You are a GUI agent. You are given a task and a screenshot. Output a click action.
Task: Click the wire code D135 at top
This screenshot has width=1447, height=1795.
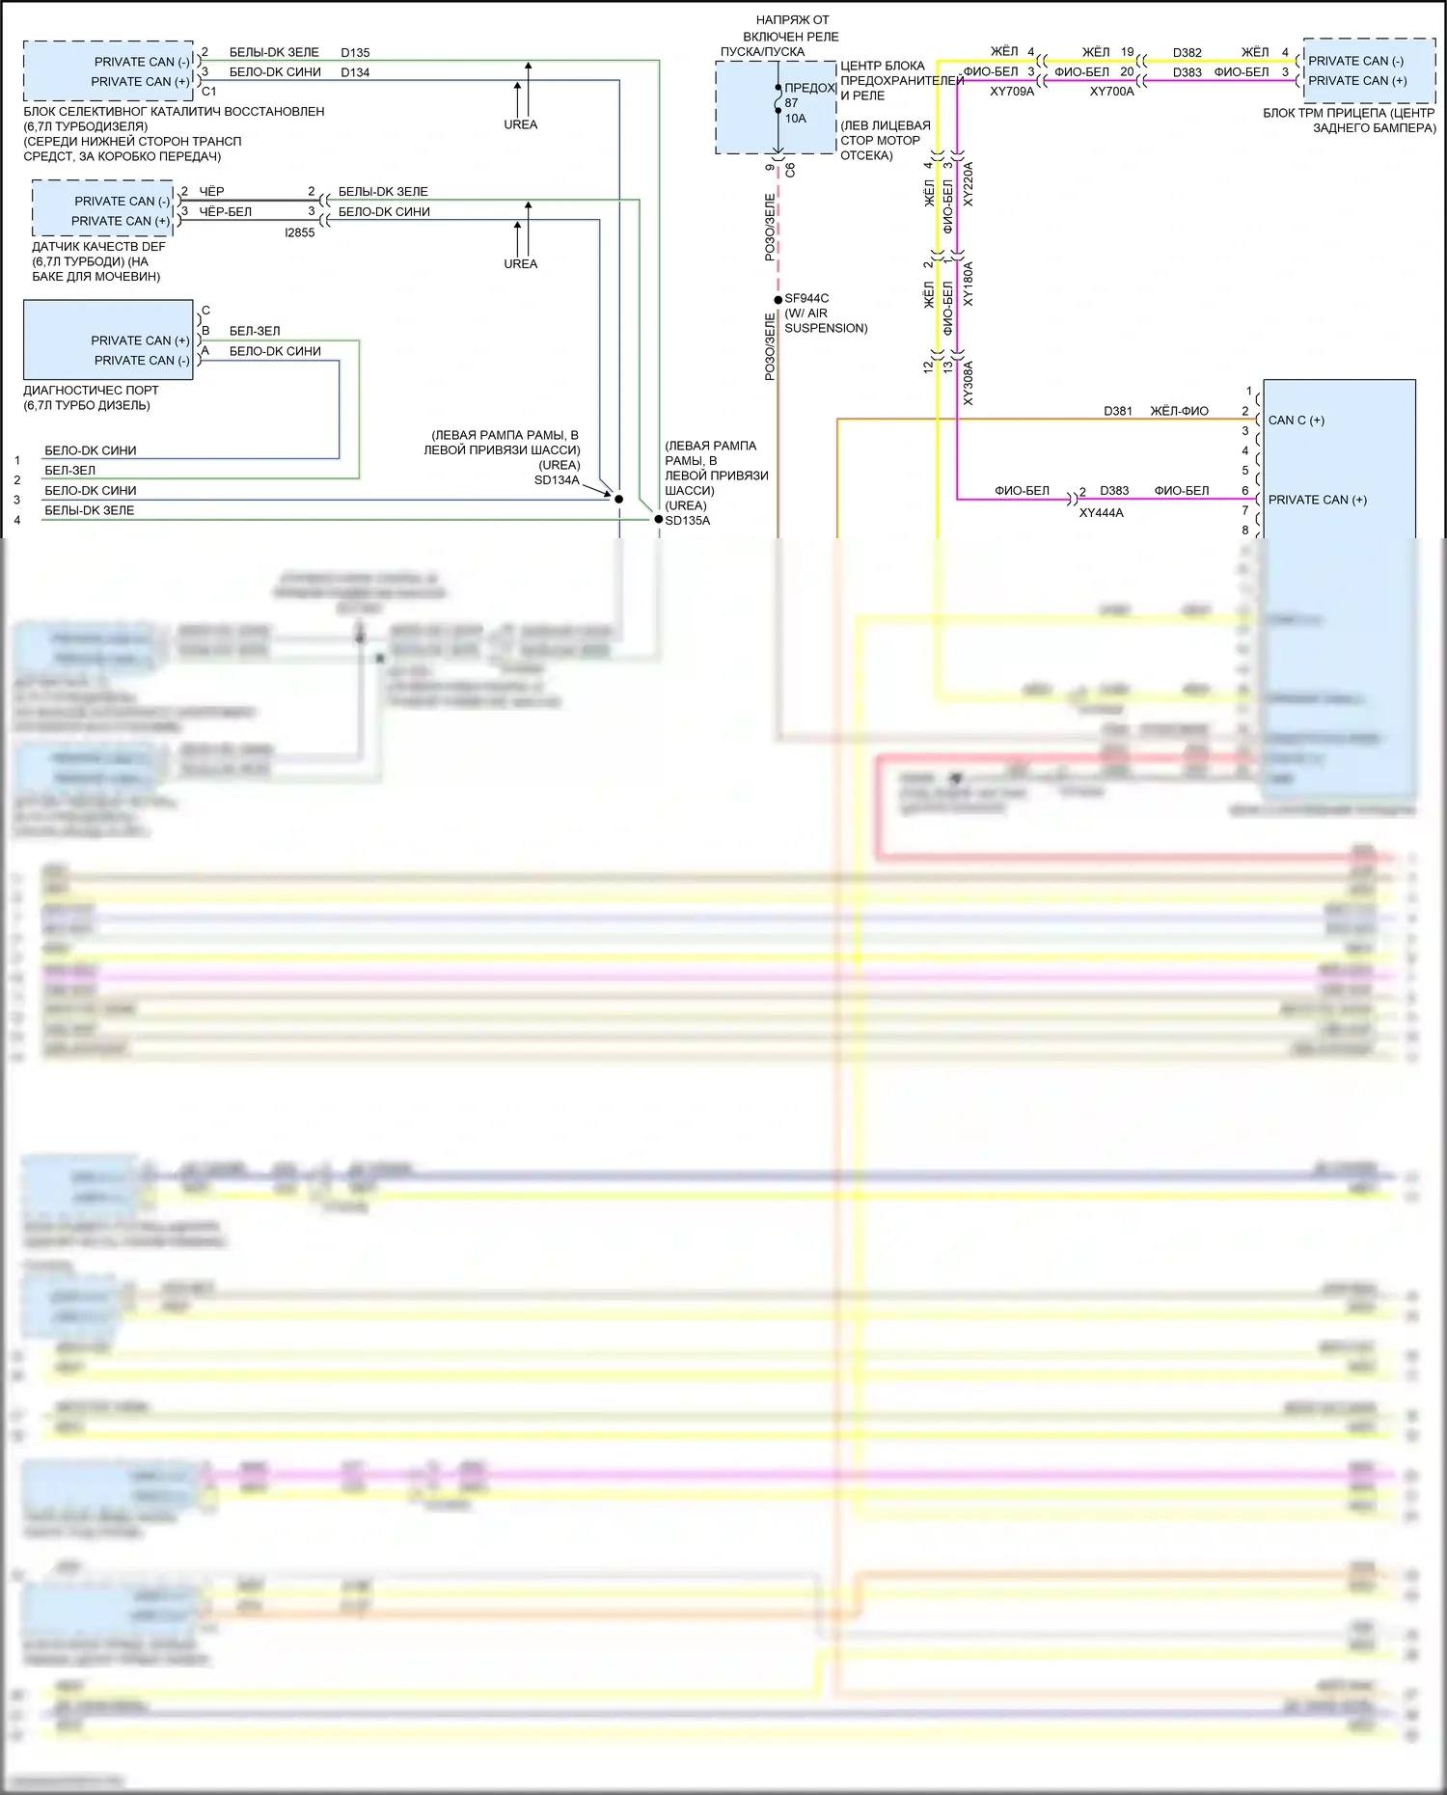pyautogui.click(x=355, y=52)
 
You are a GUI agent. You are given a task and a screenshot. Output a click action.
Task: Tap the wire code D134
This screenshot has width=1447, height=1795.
pyautogui.click(x=355, y=72)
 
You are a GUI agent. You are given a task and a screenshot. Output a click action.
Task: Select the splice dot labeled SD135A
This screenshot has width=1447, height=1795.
pyautogui.click(x=659, y=520)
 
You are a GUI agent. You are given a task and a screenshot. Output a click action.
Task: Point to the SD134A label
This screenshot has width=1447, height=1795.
pyautogui.click(x=557, y=480)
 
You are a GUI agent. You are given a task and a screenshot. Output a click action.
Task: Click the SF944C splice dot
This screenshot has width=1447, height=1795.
pyautogui.click(x=778, y=300)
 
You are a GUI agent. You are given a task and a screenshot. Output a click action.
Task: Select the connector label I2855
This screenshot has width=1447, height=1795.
pyautogui.click(x=299, y=232)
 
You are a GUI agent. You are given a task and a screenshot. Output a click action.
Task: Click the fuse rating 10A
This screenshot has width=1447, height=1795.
pyautogui.click(x=795, y=119)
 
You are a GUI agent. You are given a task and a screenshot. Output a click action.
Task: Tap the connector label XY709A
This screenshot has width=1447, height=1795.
pyautogui.click(x=1012, y=92)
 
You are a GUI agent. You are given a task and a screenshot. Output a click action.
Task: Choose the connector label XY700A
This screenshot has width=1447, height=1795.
pyautogui.click(x=1111, y=92)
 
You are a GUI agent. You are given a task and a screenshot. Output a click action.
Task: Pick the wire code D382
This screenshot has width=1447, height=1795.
pyautogui.click(x=1187, y=53)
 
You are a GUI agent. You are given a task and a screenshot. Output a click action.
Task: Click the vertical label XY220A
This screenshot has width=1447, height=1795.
pyautogui.click(x=969, y=184)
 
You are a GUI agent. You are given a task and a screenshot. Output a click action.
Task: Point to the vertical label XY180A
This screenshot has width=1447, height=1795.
pyautogui.click(x=969, y=284)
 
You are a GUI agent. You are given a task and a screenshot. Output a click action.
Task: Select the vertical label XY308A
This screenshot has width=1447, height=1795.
pyautogui.click(x=969, y=383)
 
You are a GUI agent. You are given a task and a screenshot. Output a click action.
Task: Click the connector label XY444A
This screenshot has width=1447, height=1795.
pyautogui.click(x=1101, y=513)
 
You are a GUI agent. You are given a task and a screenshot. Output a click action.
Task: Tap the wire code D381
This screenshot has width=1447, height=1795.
pyautogui.click(x=1117, y=411)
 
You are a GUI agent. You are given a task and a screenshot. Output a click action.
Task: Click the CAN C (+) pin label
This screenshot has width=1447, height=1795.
pyautogui.click(x=1296, y=421)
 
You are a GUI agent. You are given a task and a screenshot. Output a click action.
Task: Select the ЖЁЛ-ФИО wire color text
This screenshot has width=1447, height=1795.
pyautogui.click(x=1179, y=411)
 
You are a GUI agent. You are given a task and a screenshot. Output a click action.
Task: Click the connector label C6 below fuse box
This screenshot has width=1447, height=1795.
pyautogui.click(x=790, y=169)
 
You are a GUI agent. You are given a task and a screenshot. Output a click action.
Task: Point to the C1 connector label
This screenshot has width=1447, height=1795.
pyautogui.click(x=208, y=92)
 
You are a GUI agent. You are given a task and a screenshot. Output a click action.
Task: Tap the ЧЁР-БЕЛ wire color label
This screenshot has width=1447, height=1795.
pyautogui.click(x=225, y=211)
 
